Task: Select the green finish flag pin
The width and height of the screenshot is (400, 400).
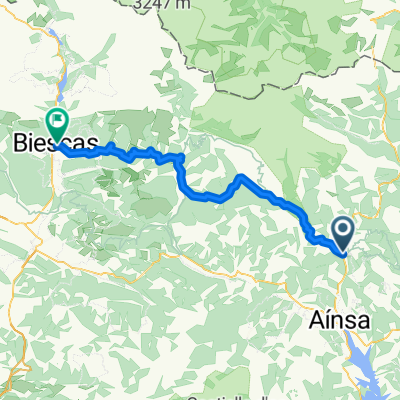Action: (56, 124)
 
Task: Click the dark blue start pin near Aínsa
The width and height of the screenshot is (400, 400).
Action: (341, 235)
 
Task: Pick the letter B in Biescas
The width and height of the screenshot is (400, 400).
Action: (20, 142)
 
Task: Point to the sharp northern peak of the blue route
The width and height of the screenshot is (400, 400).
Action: (240, 178)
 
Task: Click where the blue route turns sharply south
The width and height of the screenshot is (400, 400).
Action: (181, 158)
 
